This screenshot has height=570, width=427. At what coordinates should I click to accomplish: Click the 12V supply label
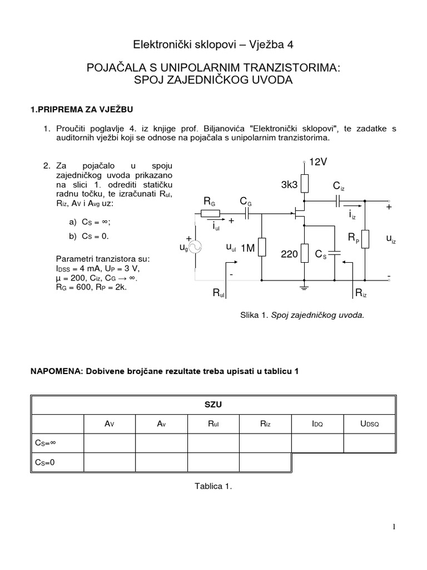click(x=319, y=162)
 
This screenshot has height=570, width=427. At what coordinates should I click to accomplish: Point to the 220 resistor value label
click(x=290, y=254)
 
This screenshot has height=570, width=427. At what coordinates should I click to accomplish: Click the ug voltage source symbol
click(x=195, y=247)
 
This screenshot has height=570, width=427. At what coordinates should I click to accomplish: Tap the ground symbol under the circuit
click(x=305, y=287)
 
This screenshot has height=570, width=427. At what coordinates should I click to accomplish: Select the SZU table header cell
click(x=213, y=405)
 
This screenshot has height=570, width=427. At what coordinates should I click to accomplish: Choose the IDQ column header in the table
click(x=317, y=424)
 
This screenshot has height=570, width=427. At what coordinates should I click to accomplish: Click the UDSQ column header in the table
click(x=369, y=424)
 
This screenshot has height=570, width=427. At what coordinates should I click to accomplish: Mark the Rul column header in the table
click(x=213, y=424)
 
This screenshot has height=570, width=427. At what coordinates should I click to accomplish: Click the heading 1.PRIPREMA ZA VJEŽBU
click(x=82, y=109)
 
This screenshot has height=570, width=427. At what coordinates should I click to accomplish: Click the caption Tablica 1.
click(x=212, y=486)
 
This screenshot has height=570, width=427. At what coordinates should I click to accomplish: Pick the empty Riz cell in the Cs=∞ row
click(x=265, y=443)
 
